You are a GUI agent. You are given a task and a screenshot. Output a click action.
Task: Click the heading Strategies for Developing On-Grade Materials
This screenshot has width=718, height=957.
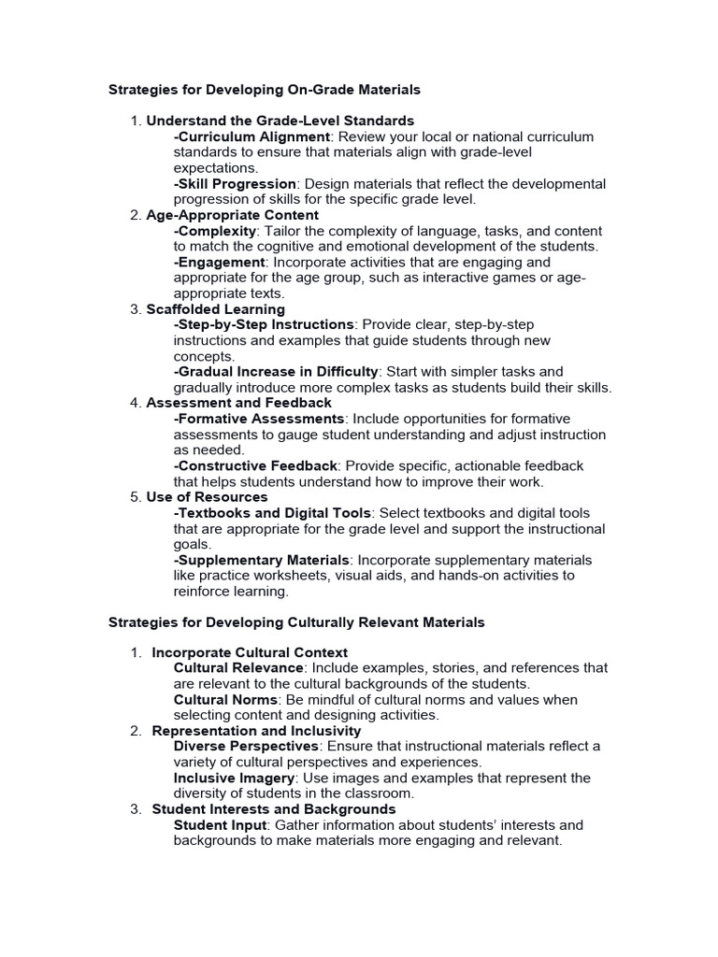click(x=265, y=90)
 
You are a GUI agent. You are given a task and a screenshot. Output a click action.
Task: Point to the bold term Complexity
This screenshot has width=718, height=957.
click(x=215, y=231)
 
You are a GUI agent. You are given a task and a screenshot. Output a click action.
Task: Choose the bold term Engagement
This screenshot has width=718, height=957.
click(x=221, y=262)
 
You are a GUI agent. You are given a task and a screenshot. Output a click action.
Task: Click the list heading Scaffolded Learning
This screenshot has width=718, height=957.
click(x=216, y=308)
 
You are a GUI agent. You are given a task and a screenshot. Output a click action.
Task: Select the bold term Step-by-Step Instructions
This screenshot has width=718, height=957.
click(x=265, y=324)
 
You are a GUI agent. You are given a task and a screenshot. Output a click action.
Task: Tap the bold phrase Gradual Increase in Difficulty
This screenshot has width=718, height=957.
click(x=277, y=371)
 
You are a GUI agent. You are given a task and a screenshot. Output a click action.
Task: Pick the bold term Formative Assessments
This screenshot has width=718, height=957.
click(x=260, y=419)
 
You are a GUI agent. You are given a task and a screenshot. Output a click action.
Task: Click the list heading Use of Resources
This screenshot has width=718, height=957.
click(x=207, y=497)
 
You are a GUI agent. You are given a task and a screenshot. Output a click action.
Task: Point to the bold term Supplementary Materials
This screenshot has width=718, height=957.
click(x=261, y=560)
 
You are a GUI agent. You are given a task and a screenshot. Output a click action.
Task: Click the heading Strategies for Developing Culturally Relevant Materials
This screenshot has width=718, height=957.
click(x=296, y=622)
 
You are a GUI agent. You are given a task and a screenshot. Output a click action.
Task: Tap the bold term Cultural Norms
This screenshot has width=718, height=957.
click(x=225, y=699)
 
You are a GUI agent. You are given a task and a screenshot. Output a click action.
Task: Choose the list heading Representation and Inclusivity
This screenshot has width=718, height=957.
click(x=256, y=731)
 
